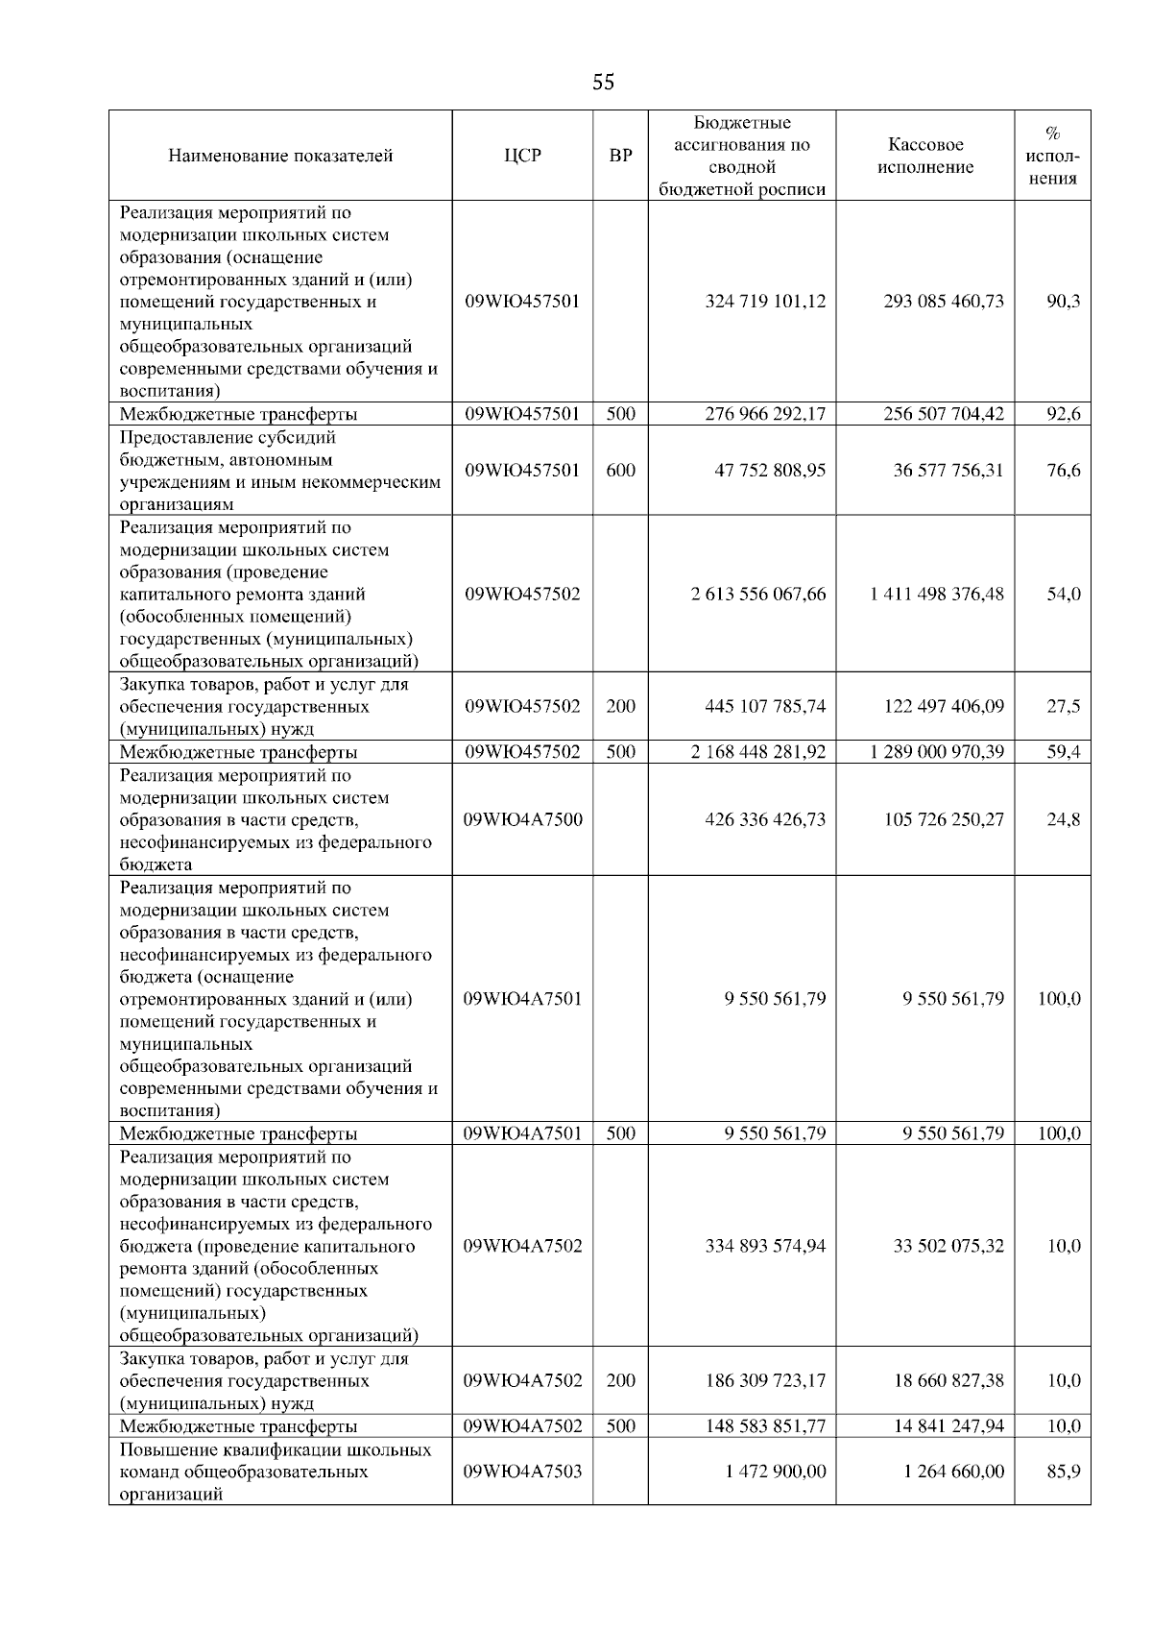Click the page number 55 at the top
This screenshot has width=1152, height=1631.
(x=603, y=83)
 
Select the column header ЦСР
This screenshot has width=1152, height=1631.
(x=522, y=156)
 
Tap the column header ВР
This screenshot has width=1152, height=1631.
(x=621, y=156)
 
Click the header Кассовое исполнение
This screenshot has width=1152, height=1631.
(x=924, y=156)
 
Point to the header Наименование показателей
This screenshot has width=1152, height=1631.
(x=280, y=156)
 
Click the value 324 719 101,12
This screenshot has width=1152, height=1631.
(x=765, y=301)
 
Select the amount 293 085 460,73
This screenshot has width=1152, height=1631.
(x=944, y=301)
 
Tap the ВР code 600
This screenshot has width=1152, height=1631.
(x=621, y=471)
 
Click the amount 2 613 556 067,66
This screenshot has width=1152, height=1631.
(x=758, y=594)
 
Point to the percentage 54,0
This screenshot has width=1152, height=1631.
(x=1063, y=594)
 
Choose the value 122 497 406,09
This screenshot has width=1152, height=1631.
(x=944, y=706)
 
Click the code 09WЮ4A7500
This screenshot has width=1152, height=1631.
(x=522, y=819)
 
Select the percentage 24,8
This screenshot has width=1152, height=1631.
(x=1063, y=819)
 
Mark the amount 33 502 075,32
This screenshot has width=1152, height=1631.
(x=948, y=1246)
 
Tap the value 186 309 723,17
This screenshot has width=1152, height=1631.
(x=765, y=1380)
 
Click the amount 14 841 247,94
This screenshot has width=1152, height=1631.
(x=948, y=1426)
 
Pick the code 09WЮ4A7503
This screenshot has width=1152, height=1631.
(x=522, y=1472)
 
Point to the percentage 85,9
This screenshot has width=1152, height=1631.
(x=1063, y=1472)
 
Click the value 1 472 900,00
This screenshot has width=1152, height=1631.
(x=776, y=1472)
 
